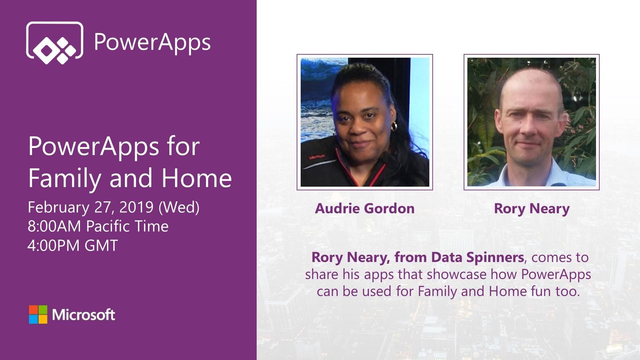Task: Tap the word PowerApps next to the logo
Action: (152, 42)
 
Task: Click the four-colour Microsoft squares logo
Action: (38, 314)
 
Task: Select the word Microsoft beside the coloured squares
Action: (83, 315)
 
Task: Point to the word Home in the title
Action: (197, 178)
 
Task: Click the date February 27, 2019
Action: (90, 207)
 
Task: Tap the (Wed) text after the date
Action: (179, 207)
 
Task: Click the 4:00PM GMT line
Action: (73, 246)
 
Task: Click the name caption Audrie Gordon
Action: (365, 209)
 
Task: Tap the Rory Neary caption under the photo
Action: (531, 209)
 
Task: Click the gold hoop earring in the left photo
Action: (394, 126)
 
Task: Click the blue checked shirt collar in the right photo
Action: (510, 173)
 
